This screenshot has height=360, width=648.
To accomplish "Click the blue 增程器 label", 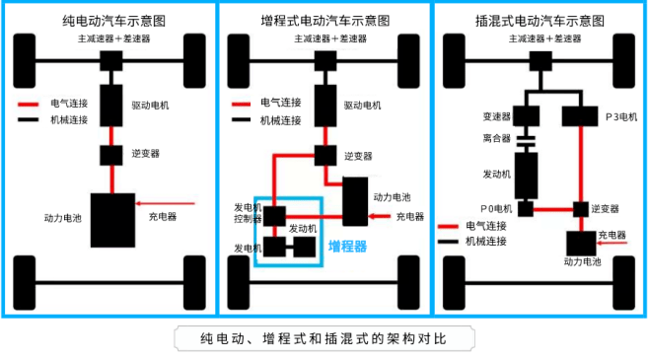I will (346, 246).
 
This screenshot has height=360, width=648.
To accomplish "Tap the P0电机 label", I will (498, 208).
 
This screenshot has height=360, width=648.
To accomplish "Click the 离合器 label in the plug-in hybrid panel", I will (496, 138).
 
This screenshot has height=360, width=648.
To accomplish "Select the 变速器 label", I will (496, 115).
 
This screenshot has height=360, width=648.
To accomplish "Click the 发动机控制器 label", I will (248, 213).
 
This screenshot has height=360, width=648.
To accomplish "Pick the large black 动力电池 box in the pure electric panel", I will (112, 220).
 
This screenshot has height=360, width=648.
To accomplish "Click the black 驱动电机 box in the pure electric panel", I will (112, 104).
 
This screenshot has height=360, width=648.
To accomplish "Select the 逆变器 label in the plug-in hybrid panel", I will (605, 209).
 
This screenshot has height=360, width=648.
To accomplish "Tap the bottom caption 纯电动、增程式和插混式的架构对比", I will (324, 338).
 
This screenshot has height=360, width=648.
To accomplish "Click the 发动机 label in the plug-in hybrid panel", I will (496, 173).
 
